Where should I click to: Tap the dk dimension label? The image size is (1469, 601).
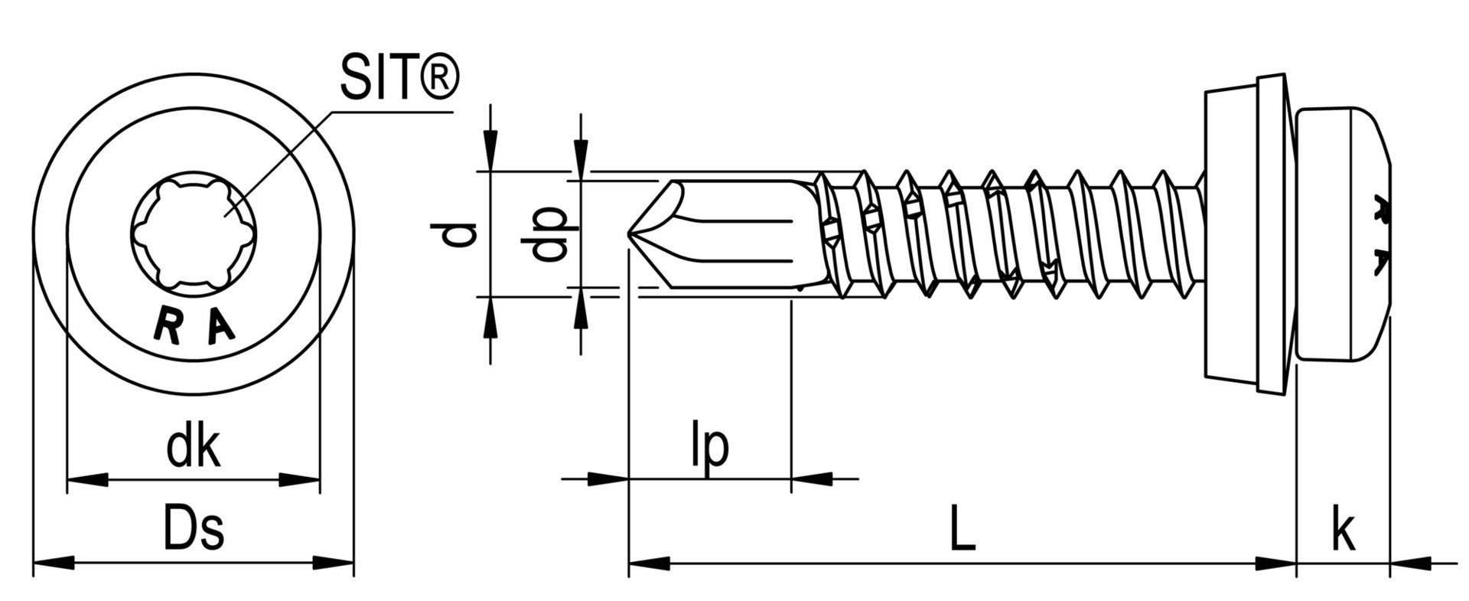point(194,448)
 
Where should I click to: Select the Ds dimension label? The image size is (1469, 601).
point(194,530)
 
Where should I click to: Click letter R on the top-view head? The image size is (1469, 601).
point(167,325)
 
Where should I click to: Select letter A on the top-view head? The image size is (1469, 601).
point(220,326)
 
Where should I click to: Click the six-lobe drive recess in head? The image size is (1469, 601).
point(193,234)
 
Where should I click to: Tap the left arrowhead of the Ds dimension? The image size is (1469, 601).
point(54,563)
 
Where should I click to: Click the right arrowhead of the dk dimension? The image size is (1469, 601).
point(300,480)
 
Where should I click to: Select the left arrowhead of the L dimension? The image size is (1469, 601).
point(649,563)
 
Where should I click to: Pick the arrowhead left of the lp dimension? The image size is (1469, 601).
point(608,480)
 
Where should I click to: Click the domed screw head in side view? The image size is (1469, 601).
point(1343,234)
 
